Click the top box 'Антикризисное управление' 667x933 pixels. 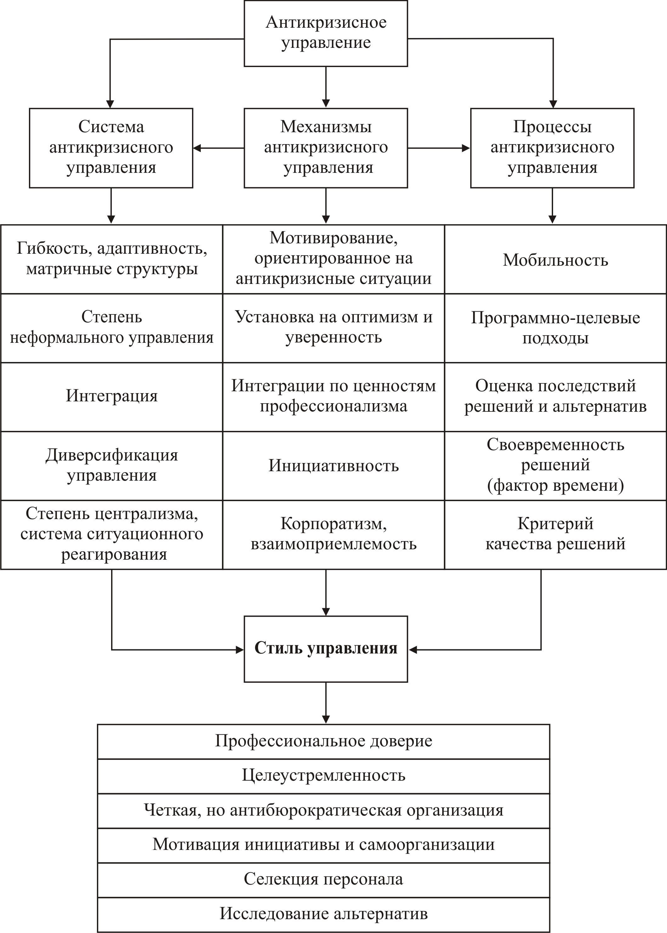(x=326, y=33)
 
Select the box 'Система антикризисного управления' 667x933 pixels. (x=111, y=148)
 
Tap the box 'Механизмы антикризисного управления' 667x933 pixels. (x=326, y=148)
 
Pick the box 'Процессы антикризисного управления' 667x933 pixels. (x=552, y=148)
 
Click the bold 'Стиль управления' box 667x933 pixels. (x=326, y=648)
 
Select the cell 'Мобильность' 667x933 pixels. (x=555, y=259)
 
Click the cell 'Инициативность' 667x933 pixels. (x=334, y=466)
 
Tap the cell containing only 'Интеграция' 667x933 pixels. (x=112, y=396)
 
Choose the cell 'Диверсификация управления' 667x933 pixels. (x=112, y=466)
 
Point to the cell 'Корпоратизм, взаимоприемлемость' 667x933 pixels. (x=334, y=534)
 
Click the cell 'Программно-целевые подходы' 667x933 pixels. (x=555, y=328)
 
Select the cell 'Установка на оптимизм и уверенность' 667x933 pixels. (x=334, y=327)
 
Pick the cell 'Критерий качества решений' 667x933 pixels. (x=555, y=534)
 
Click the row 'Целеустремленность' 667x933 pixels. (x=324, y=775)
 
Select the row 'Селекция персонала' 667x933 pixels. (x=324, y=879)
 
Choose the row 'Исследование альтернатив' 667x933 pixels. (x=324, y=914)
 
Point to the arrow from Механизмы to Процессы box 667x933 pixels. (x=439, y=148)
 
